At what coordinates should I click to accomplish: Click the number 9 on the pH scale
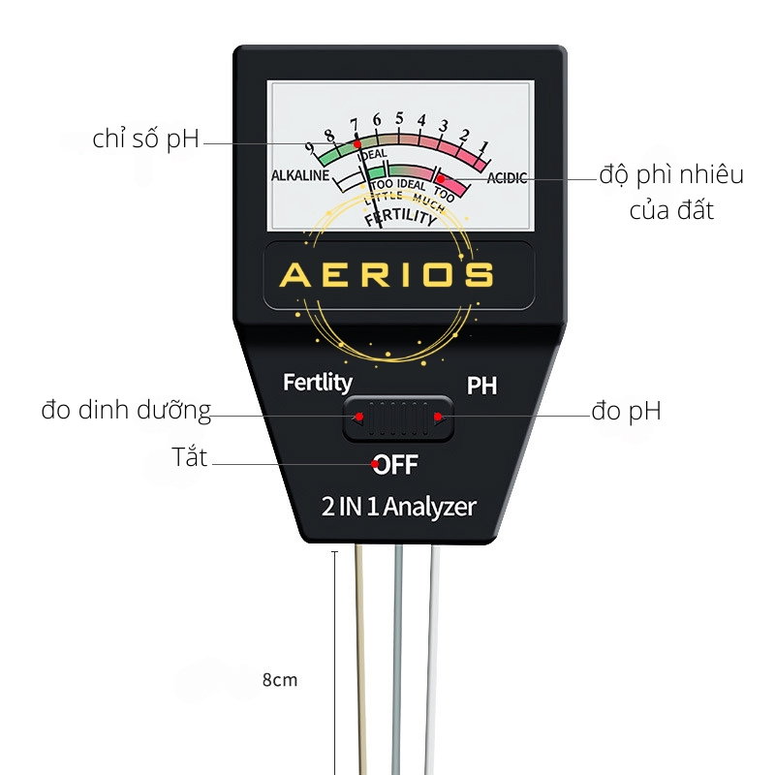(x=310, y=148)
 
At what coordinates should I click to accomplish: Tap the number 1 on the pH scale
(x=483, y=146)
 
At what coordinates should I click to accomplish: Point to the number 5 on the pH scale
(x=399, y=118)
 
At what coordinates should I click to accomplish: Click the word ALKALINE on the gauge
(x=300, y=175)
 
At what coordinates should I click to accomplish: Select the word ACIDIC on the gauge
(x=507, y=178)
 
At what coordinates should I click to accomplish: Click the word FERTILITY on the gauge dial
(x=401, y=216)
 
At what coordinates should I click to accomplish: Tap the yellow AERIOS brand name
(x=387, y=274)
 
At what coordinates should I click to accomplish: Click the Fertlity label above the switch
(x=318, y=382)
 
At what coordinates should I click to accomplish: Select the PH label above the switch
(x=481, y=386)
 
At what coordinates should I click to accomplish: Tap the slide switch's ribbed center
(x=398, y=418)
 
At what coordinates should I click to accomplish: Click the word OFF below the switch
(x=395, y=465)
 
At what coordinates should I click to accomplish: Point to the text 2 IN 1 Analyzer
(x=398, y=507)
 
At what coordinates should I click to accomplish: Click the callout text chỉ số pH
(x=146, y=139)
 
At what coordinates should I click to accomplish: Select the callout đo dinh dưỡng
(x=126, y=410)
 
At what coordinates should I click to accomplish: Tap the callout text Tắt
(x=189, y=456)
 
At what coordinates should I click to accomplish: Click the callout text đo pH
(x=626, y=411)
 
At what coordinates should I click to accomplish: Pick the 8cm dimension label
(x=280, y=680)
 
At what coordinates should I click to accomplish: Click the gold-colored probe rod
(x=360, y=660)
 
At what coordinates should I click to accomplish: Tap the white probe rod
(x=432, y=660)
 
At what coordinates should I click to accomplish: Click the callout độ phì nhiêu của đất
(x=671, y=193)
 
